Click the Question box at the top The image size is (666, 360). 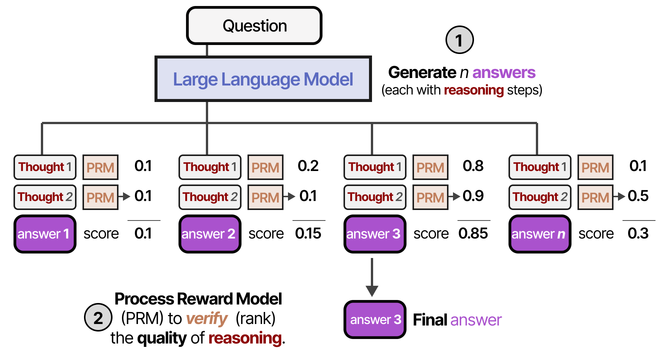254,26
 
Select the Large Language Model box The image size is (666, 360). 263,79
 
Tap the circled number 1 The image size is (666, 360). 459,40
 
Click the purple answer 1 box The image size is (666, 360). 45,234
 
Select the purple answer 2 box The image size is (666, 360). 210,234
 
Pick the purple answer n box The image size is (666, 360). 540,234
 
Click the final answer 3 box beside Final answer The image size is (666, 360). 375,319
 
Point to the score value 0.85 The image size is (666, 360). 473,233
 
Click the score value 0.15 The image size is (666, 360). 308,233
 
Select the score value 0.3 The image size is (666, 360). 638,233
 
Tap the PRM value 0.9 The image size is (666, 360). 473,196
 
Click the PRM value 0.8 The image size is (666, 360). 473,166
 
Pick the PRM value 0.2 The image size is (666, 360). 308,166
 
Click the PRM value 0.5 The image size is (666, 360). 638,196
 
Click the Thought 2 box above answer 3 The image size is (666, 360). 375,197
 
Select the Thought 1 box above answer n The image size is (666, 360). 540,167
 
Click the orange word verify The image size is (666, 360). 207,319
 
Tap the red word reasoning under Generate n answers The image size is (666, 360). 474,90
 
